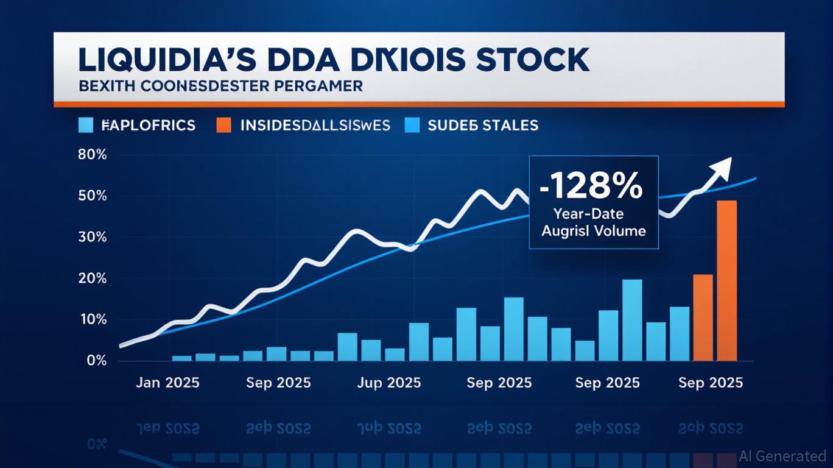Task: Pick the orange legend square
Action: [224, 125]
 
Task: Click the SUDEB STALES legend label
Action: [483, 126]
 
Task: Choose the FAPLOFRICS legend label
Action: [149, 126]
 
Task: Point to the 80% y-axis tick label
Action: [93, 155]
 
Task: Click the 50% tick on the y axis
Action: [93, 196]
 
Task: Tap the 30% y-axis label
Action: [93, 237]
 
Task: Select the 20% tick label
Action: [93, 278]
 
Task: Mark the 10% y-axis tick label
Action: [93, 319]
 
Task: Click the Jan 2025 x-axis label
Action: [167, 383]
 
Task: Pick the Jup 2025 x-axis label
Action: [388, 383]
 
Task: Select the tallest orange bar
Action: [727, 280]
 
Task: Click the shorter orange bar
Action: [703, 317]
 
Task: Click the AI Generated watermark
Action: [783, 455]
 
